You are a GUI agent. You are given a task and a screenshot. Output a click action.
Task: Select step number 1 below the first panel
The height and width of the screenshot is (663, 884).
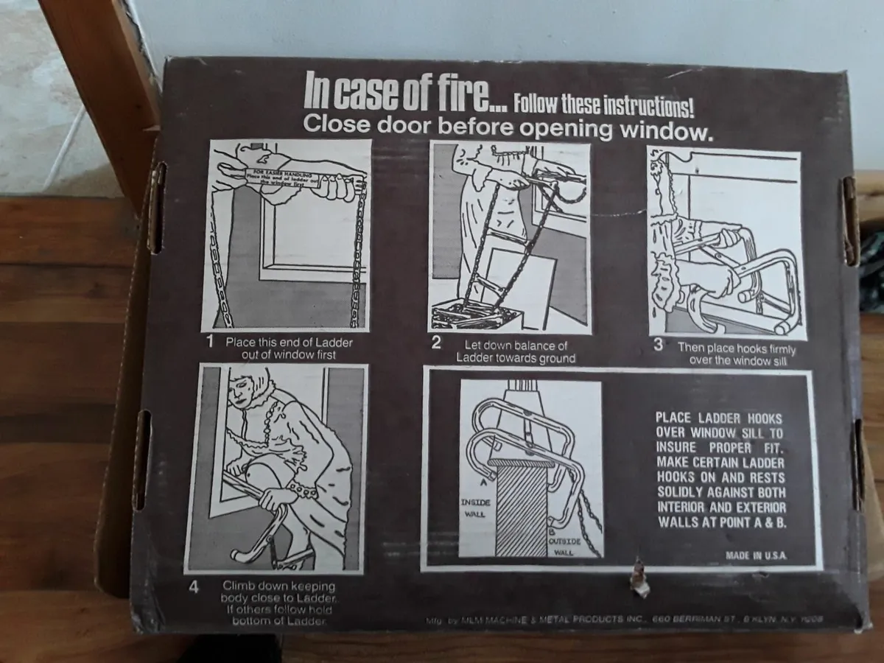coord(209,341)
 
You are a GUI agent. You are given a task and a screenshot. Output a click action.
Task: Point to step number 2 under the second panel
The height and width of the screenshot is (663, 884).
coord(436,341)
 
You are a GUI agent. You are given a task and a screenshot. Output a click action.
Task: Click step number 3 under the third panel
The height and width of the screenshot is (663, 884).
coord(658,345)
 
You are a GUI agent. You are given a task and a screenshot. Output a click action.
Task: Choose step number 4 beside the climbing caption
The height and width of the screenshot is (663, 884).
coord(195,588)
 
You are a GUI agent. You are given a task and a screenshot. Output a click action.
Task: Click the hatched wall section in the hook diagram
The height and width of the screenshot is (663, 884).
coord(521,508)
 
